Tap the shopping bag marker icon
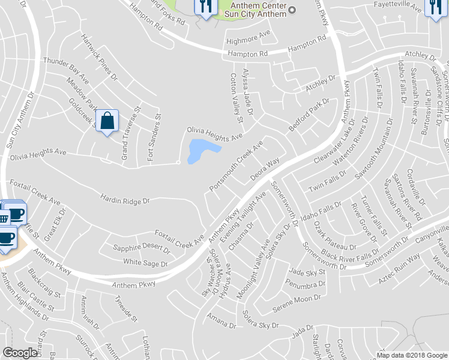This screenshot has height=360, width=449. tap(107, 121)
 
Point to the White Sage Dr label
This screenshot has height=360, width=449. tap(145, 263)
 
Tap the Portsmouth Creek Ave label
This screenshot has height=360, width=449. tap(236, 167)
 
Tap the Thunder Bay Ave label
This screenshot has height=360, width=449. tap(67, 71)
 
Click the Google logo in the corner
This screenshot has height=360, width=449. tap(20, 353)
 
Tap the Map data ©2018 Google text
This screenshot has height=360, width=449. tap(412, 355)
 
